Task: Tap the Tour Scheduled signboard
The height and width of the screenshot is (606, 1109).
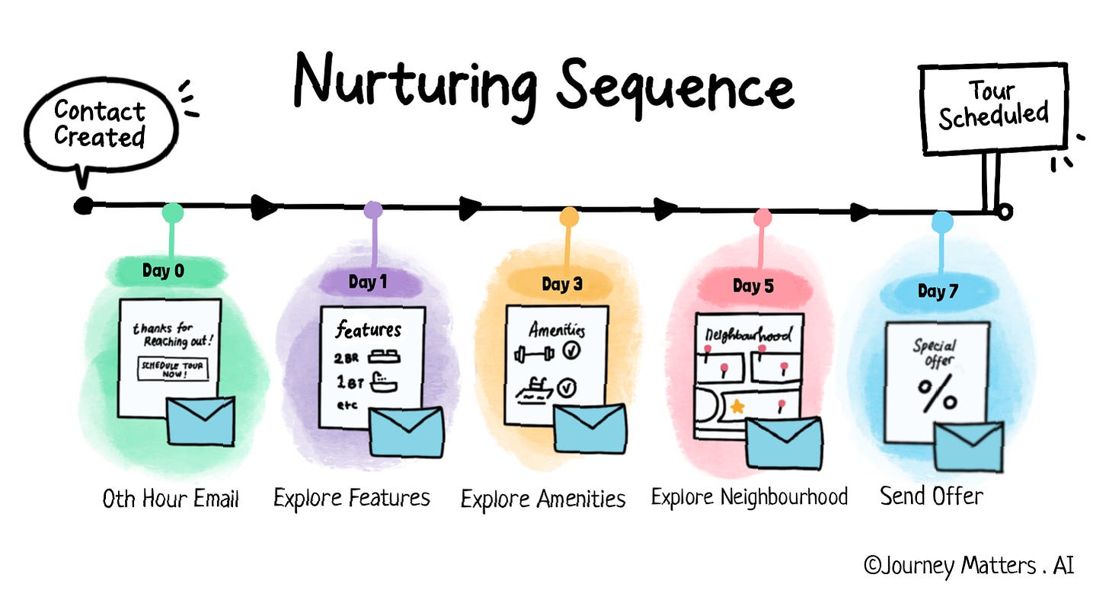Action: click(x=992, y=104)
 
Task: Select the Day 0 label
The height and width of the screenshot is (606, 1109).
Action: click(x=163, y=270)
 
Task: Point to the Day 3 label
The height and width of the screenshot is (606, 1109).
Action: click(x=562, y=284)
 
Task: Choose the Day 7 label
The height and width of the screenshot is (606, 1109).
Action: click(x=938, y=292)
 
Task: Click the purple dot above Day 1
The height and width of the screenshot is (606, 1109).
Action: click(x=372, y=210)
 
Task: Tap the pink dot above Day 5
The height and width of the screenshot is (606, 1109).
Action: click(x=762, y=218)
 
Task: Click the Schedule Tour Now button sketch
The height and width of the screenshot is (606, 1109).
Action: click(x=172, y=370)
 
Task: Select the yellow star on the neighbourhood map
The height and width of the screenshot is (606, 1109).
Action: click(x=737, y=407)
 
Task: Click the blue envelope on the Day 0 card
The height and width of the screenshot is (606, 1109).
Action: click(x=201, y=421)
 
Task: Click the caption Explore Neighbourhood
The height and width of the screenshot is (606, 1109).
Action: click(x=749, y=497)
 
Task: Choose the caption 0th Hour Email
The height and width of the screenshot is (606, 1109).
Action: click(x=171, y=499)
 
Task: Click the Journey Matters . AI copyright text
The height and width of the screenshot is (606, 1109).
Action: click(x=969, y=566)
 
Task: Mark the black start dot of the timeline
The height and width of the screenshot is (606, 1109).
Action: click(x=84, y=206)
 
